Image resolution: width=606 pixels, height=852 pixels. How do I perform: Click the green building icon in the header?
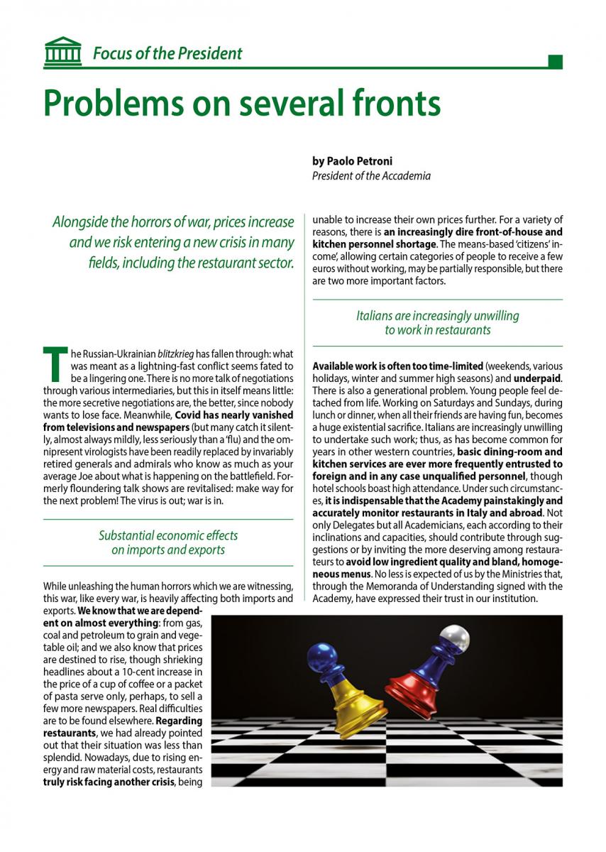click(62, 53)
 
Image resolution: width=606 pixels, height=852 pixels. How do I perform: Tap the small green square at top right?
click(556, 62)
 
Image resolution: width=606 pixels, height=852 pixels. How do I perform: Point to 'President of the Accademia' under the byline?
click(371, 176)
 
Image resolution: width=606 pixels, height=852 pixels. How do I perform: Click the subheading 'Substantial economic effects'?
click(168, 535)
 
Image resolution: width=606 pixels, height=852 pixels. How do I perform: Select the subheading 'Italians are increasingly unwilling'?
click(437, 316)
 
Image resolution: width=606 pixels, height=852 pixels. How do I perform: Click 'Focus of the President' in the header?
click(167, 53)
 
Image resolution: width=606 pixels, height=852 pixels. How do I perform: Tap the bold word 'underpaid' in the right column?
click(537, 378)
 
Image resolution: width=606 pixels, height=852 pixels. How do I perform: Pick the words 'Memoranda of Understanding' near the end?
click(418, 586)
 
